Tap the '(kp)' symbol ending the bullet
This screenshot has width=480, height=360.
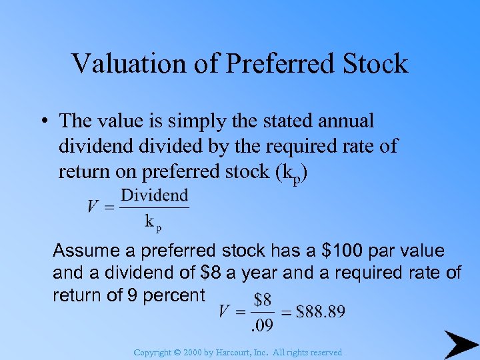pos(290,172)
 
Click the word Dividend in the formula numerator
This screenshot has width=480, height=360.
pos(155,195)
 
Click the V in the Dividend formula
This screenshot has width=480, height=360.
pos(93,207)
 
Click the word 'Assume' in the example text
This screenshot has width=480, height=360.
pos(86,251)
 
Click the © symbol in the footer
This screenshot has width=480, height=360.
pos(177,352)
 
